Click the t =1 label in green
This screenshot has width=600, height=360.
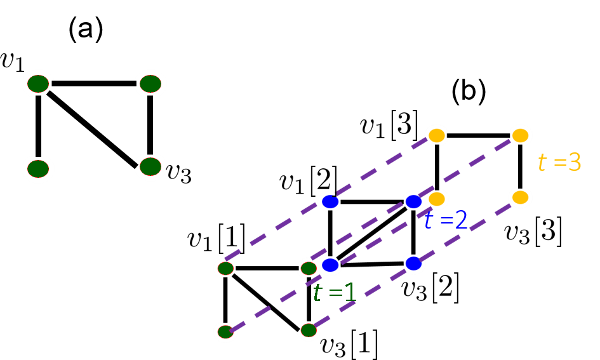pos(335,293)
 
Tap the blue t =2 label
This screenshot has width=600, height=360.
pos(446,220)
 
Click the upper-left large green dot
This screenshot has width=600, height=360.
pos(38,84)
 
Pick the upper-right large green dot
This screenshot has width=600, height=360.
pos(150,84)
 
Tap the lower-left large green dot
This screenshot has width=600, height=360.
pos(38,169)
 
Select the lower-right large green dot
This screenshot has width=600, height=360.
pos(150,167)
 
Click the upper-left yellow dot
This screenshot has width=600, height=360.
pos(437,135)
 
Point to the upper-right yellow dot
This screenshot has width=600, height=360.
pos(520,135)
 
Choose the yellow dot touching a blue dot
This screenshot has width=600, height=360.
pos(437,199)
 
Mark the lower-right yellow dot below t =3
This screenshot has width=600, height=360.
pos(520,197)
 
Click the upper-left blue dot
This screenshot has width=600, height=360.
pos(330,201)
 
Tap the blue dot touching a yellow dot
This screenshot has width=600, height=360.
pos(413,201)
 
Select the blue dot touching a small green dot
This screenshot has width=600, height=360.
pos(330,265)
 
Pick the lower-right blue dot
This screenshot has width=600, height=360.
pos(413,263)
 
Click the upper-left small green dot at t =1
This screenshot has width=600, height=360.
pos(225,269)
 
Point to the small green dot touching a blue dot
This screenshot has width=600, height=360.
pos(309,269)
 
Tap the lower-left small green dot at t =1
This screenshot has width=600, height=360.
pos(225,331)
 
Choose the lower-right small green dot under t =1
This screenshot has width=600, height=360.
pos(309,330)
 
